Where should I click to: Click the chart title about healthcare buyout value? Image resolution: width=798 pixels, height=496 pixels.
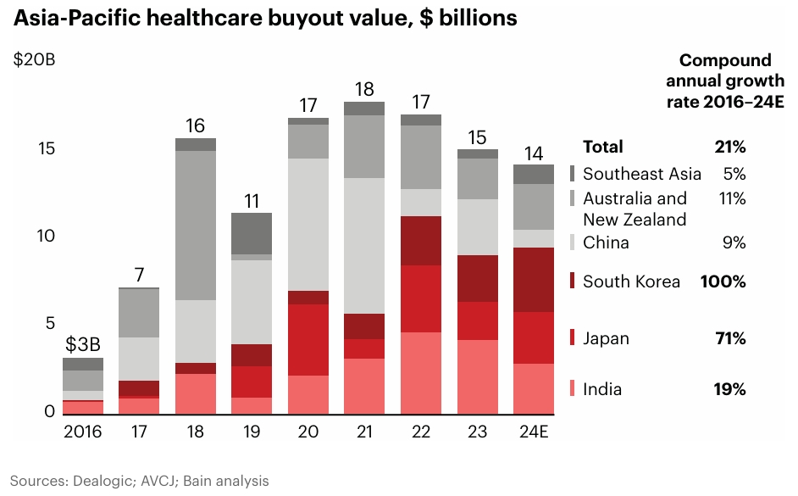[265, 18]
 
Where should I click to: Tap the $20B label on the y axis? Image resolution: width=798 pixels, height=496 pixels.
[34, 61]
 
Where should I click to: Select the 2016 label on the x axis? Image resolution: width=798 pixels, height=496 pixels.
[83, 432]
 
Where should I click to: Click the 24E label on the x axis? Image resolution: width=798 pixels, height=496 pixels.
[533, 432]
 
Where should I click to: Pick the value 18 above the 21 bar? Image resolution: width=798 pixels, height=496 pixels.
[364, 89]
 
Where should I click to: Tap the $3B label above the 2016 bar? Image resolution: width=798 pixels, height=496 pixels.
[83, 345]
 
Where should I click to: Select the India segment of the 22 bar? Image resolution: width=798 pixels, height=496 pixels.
[420, 373]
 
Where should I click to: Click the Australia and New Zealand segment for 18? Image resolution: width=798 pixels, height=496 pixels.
[196, 226]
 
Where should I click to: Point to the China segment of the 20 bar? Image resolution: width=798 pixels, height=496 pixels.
[308, 225]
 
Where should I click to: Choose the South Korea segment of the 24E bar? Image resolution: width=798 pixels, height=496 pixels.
[533, 280]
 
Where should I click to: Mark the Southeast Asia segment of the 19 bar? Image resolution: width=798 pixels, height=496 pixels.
[252, 233]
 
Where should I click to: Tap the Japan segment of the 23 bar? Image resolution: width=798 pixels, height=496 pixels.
[477, 320]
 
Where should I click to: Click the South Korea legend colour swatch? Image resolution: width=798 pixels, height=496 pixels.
[573, 281]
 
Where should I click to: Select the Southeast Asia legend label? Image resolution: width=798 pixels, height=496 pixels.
[642, 174]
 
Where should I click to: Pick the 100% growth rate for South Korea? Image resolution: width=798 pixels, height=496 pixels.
[723, 281]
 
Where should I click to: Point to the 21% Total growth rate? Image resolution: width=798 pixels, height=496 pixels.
[729, 147]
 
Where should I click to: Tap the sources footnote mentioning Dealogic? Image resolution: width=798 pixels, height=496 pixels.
[140, 481]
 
